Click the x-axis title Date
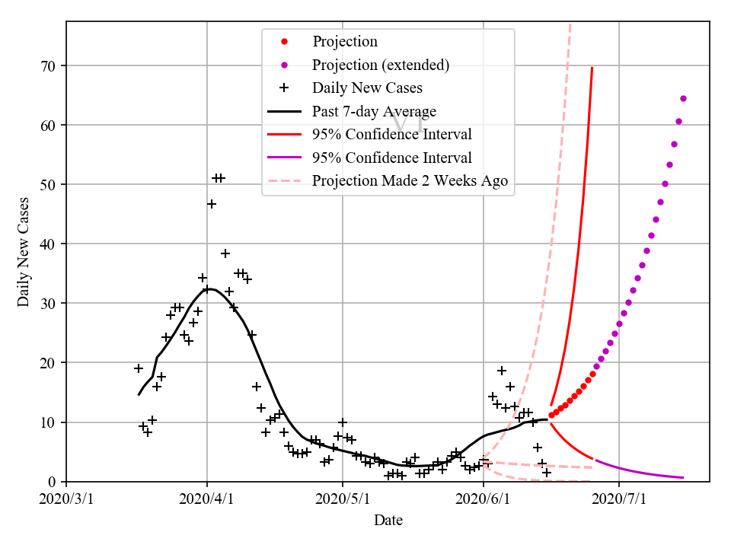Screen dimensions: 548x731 [388, 521]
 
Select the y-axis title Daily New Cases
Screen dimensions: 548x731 [24, 252]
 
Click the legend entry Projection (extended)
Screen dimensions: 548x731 [381, 65]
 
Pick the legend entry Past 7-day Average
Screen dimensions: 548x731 [374, 112]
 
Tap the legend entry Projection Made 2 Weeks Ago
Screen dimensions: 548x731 [410, 181]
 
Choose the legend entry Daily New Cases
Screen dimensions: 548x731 [367, 88]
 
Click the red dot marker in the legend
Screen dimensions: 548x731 [284, 41]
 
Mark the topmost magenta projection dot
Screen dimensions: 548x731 [683, 98]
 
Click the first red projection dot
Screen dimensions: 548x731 [551, 416]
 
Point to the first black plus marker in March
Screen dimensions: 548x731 [139, 368]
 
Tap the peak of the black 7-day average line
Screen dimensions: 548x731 [209, 288]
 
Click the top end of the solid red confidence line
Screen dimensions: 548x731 [592, 68]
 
